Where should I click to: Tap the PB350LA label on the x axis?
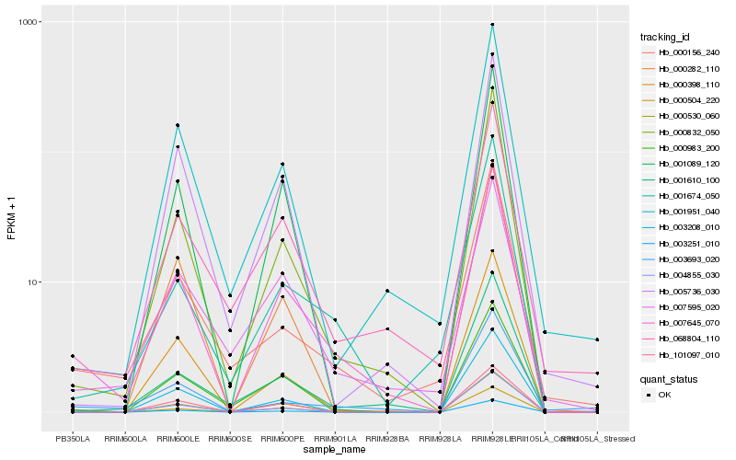point(73,438)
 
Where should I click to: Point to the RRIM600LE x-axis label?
point(178,438)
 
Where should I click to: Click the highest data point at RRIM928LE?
point(492,25)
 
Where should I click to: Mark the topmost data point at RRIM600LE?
point(178,125)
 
